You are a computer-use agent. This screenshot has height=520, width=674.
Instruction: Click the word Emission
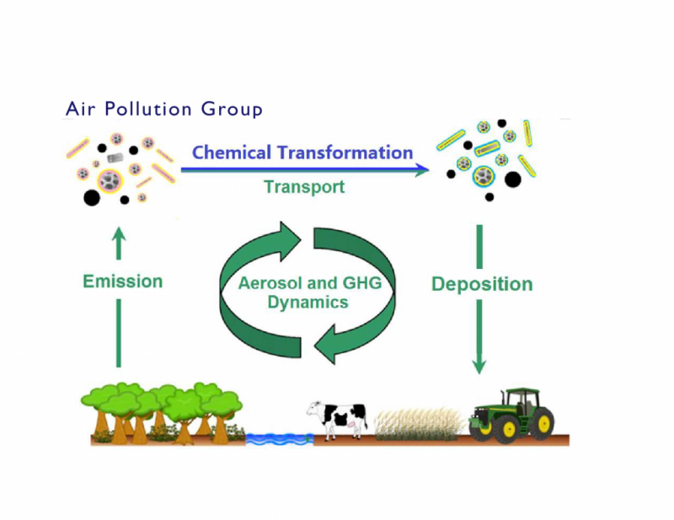(x=122, y=281)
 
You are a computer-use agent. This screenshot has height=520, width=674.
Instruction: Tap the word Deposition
(x=482, y=284)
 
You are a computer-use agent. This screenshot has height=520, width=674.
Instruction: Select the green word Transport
(x=304, y=186)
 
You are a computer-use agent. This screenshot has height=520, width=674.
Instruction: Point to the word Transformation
(x=345, y=153)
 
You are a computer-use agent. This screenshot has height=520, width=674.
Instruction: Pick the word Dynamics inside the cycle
(x=308, y=303)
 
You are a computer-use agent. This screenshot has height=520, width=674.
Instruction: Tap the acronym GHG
(x=362, y=283)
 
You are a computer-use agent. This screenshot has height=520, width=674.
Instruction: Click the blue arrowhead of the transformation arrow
(x=421, y=169)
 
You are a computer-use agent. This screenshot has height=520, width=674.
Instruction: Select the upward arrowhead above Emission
(x=119, y=235)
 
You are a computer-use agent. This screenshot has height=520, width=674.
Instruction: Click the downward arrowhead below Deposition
(x=479, y=366)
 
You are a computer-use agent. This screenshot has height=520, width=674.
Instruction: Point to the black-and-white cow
(x=338, y=420)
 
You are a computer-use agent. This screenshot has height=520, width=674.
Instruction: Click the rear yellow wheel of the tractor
(x=543, y=423)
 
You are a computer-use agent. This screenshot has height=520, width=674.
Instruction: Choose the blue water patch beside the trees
(x=280, y=439)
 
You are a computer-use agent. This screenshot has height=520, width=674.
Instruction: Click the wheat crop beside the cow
(x=418, y=425)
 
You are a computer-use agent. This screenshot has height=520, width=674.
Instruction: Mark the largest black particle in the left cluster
(x=92, y=198)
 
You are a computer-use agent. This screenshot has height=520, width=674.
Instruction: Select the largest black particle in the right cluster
(x=512, y=180)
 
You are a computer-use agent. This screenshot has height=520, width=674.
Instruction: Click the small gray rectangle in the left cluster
(x=115, y=158)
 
